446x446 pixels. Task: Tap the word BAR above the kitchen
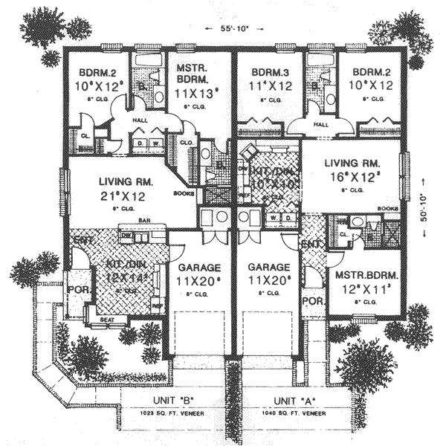click(x=140, y=221)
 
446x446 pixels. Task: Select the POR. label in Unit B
click(x=75, y=290)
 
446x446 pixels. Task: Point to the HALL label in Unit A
click(x=322, y=125)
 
